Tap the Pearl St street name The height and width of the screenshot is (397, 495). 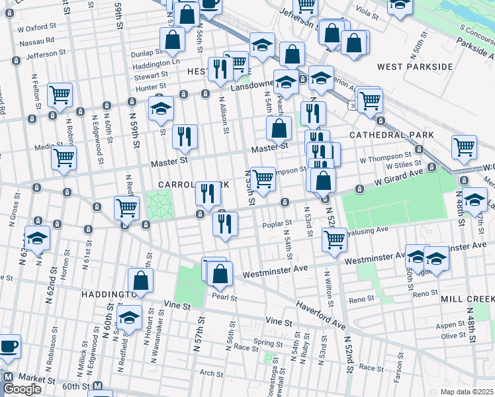(x=225, y=297)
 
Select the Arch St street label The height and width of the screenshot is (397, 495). (x=211, y=374)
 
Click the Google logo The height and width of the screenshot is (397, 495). (x=22, y=390)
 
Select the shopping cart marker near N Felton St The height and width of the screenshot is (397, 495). (x=60, y=95)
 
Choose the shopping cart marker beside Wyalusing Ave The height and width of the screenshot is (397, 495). (x=335, y=239)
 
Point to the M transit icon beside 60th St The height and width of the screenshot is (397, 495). (x=97, y=386)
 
